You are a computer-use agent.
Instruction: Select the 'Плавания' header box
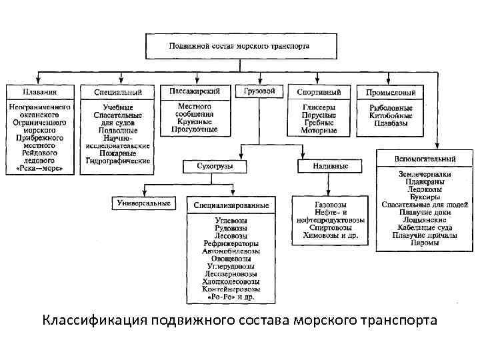tap(39, 91)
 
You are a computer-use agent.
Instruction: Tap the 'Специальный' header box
tap(118, 92)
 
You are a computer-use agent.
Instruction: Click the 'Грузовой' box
tap(259, 91)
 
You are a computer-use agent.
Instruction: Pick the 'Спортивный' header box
tap(319, 92)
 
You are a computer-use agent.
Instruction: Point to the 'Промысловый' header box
tap(391, 92)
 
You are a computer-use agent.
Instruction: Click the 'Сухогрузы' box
tap(211, 165)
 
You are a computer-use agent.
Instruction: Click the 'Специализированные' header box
tap(231, 205)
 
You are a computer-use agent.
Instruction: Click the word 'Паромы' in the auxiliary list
tap(424, 243)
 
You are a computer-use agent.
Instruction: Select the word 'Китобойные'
tap(391, 115)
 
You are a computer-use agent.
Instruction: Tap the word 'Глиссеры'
tap(319, 107)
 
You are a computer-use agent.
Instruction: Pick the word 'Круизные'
tap(195, 122)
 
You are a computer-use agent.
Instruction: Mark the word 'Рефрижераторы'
tap(231, 243)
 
